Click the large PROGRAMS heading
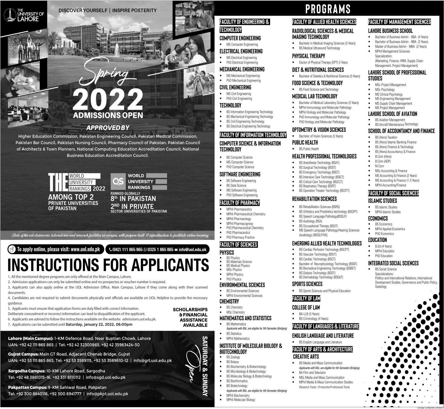click(328, 9)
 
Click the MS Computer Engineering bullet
click(242, 44)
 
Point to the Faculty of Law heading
click(306, 298)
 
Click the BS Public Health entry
click(309, 149)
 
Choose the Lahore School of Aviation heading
click(393, 114)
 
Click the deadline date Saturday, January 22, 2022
click(99, 325)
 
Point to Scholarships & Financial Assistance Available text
click(190, 317)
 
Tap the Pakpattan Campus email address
click(107, 394)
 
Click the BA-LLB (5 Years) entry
click(309, 314)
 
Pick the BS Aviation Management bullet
click(390, 120)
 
